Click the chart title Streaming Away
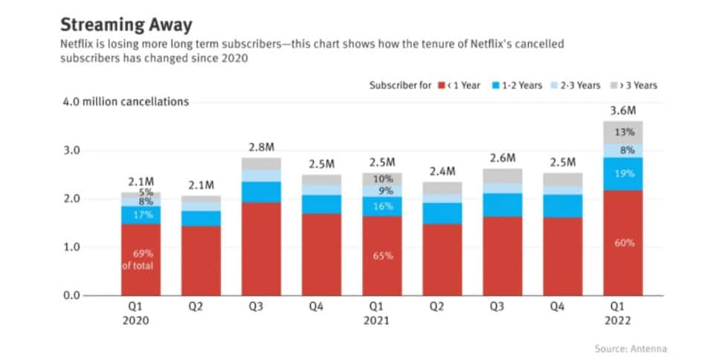[x=126, y=25]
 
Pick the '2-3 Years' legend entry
[x=573, y=86]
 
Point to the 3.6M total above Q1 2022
[x=623, y=110]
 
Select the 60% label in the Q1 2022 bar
[x=623, y=243]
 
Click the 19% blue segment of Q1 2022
[x=623, y=174]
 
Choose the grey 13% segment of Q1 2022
[x=623, y=132]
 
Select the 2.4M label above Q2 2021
[x=442, y=172]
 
